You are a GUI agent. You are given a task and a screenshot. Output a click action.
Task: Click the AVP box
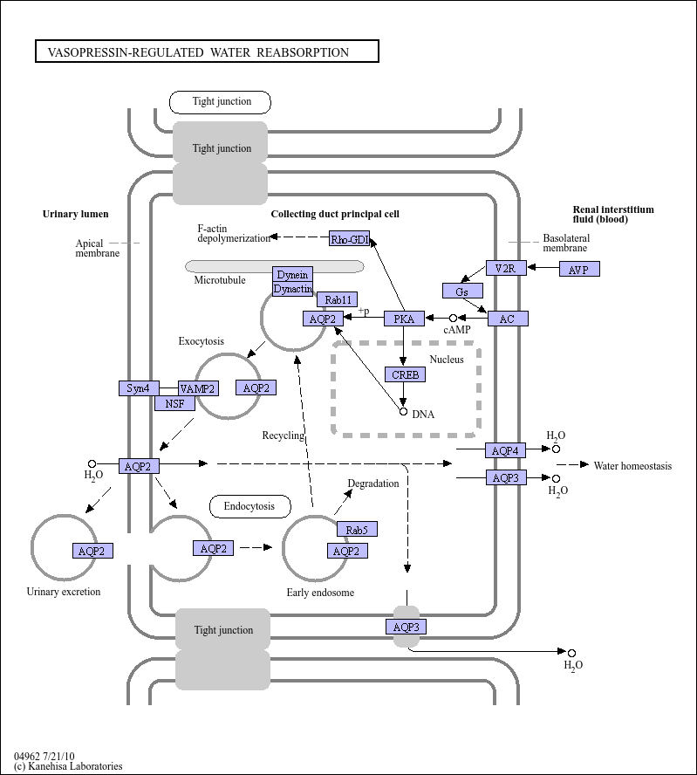pyautogui.click(x=579, y=269)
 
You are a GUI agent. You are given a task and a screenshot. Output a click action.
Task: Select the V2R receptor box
pyautogui.click(x=506, y=268)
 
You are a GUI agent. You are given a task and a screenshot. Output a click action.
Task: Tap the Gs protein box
pyautogui.click(x=462, y=291)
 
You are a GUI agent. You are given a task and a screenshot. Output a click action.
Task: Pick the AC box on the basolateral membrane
pyautogui.click(x=508, y=319)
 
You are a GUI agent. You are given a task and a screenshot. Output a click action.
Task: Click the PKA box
pyautogui.click(x=404, y=319)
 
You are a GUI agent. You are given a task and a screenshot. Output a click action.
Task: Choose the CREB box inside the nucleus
pyautogui.click(x=405, y=374)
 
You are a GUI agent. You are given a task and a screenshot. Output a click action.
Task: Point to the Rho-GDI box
pyautogui.click(x=350, y=238)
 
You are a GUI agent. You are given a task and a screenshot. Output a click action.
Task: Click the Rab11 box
pyautogui.click(x=338, y=299)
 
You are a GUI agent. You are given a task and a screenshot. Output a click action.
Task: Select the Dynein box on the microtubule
pyautogui.click(x=292, y=274)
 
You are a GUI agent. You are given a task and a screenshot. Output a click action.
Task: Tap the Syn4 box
pyautogui.click(x=139, y=388)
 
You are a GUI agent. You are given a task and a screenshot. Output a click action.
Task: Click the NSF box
pyautogui.click(x=174, y=403)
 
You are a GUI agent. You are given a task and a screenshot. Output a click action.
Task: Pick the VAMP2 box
pyautogui.click(x=198, y=388)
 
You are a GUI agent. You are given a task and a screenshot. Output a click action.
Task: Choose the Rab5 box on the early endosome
pyautogui.click(x=357, y=529)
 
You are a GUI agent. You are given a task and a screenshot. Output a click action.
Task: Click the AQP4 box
pyautogui.click(x=506, y=450)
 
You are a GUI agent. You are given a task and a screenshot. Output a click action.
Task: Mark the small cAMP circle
pyautogui.click(x=453, y=319)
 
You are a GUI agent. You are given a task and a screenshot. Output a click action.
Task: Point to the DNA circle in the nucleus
pyautogui.click(x=403, y=411)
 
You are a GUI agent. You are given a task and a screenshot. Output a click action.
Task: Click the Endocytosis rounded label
pyautogui.click(x=250, y=506)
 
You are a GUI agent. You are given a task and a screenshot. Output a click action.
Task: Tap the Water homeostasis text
pyautogui.click(x=632, y=465)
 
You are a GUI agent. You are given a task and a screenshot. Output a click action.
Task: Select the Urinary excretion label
pyautogui.click(x=63, y=592)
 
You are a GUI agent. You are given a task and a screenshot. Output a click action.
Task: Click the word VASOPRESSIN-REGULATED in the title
pyautogui.click(x=126, y=52)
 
